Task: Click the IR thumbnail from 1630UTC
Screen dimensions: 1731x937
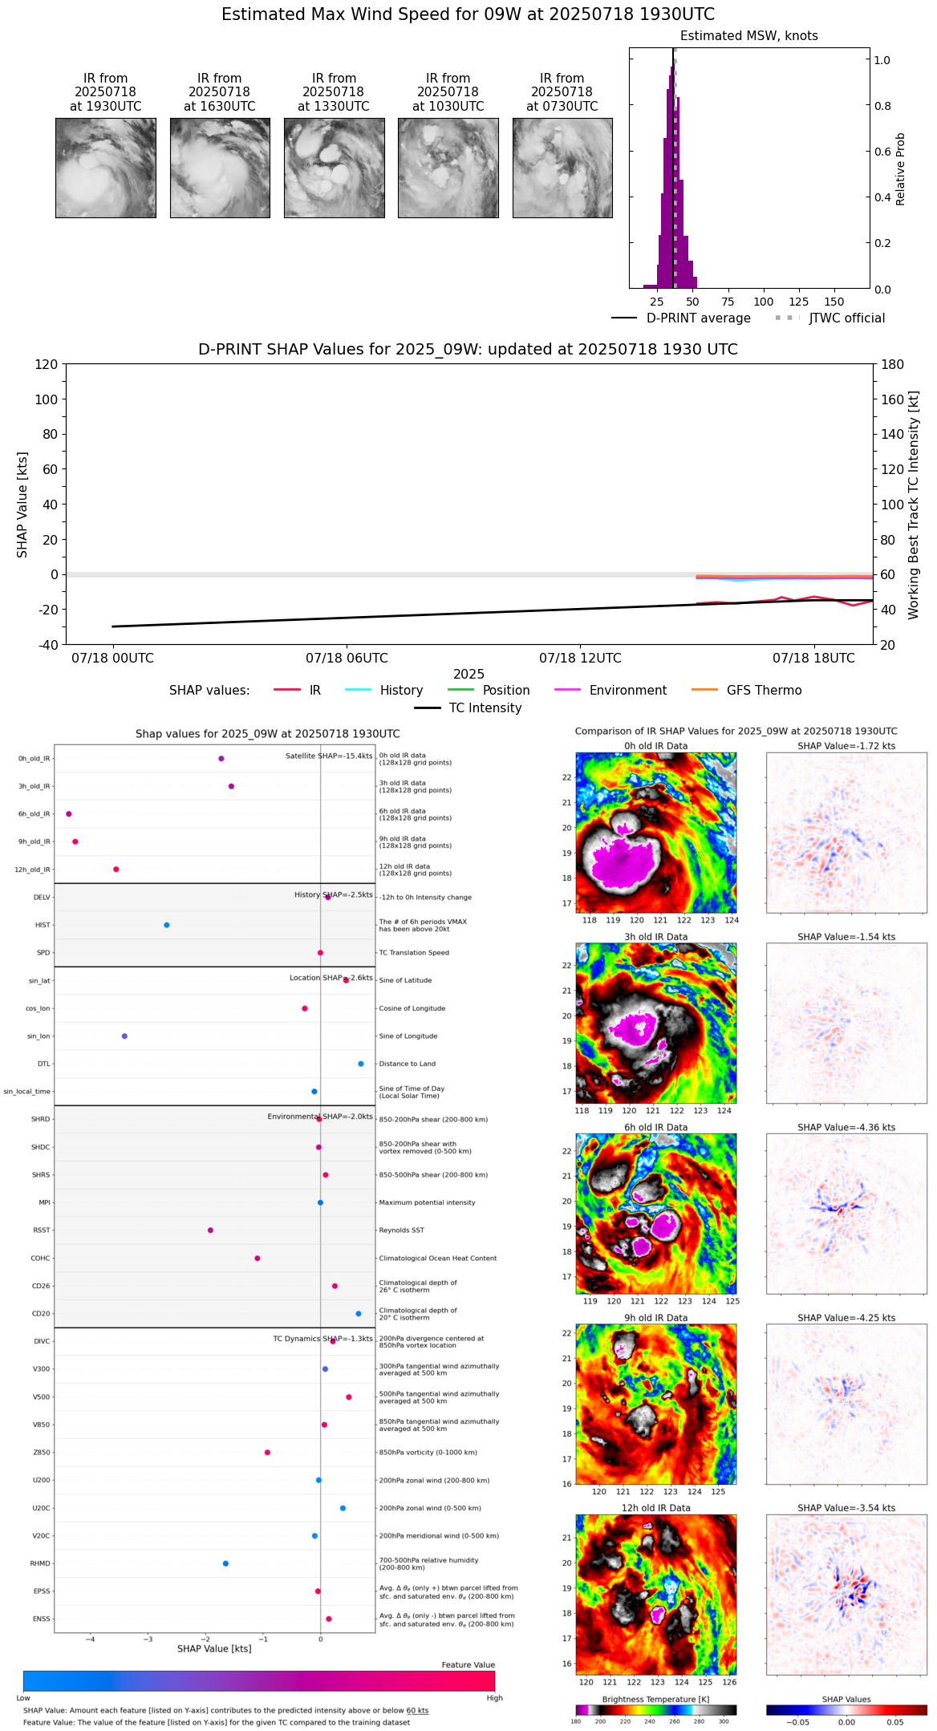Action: click(x=219, y=168)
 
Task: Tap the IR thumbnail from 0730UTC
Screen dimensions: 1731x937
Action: click(x=562, y=168)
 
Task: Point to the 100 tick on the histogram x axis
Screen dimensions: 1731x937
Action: click(x=763, y=302)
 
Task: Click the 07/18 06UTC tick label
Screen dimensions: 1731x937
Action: click(x=347, y=659)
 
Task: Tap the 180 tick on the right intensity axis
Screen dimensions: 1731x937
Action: click(x=893, y=365)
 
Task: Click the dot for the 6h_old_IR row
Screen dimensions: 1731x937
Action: click(x=69, y=814)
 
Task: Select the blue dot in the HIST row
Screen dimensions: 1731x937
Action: click(x=167, y=925)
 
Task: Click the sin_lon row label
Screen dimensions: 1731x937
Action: click(x=39, y=1036)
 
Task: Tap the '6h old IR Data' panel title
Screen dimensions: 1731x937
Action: click(x=655, y=1128)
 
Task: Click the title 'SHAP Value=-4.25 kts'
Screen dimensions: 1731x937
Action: click(x=846, y=1318)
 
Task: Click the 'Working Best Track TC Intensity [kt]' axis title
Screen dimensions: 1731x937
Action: click(x=914, y=505)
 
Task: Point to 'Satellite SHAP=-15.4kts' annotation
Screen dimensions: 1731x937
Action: click(x=329, y=756)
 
